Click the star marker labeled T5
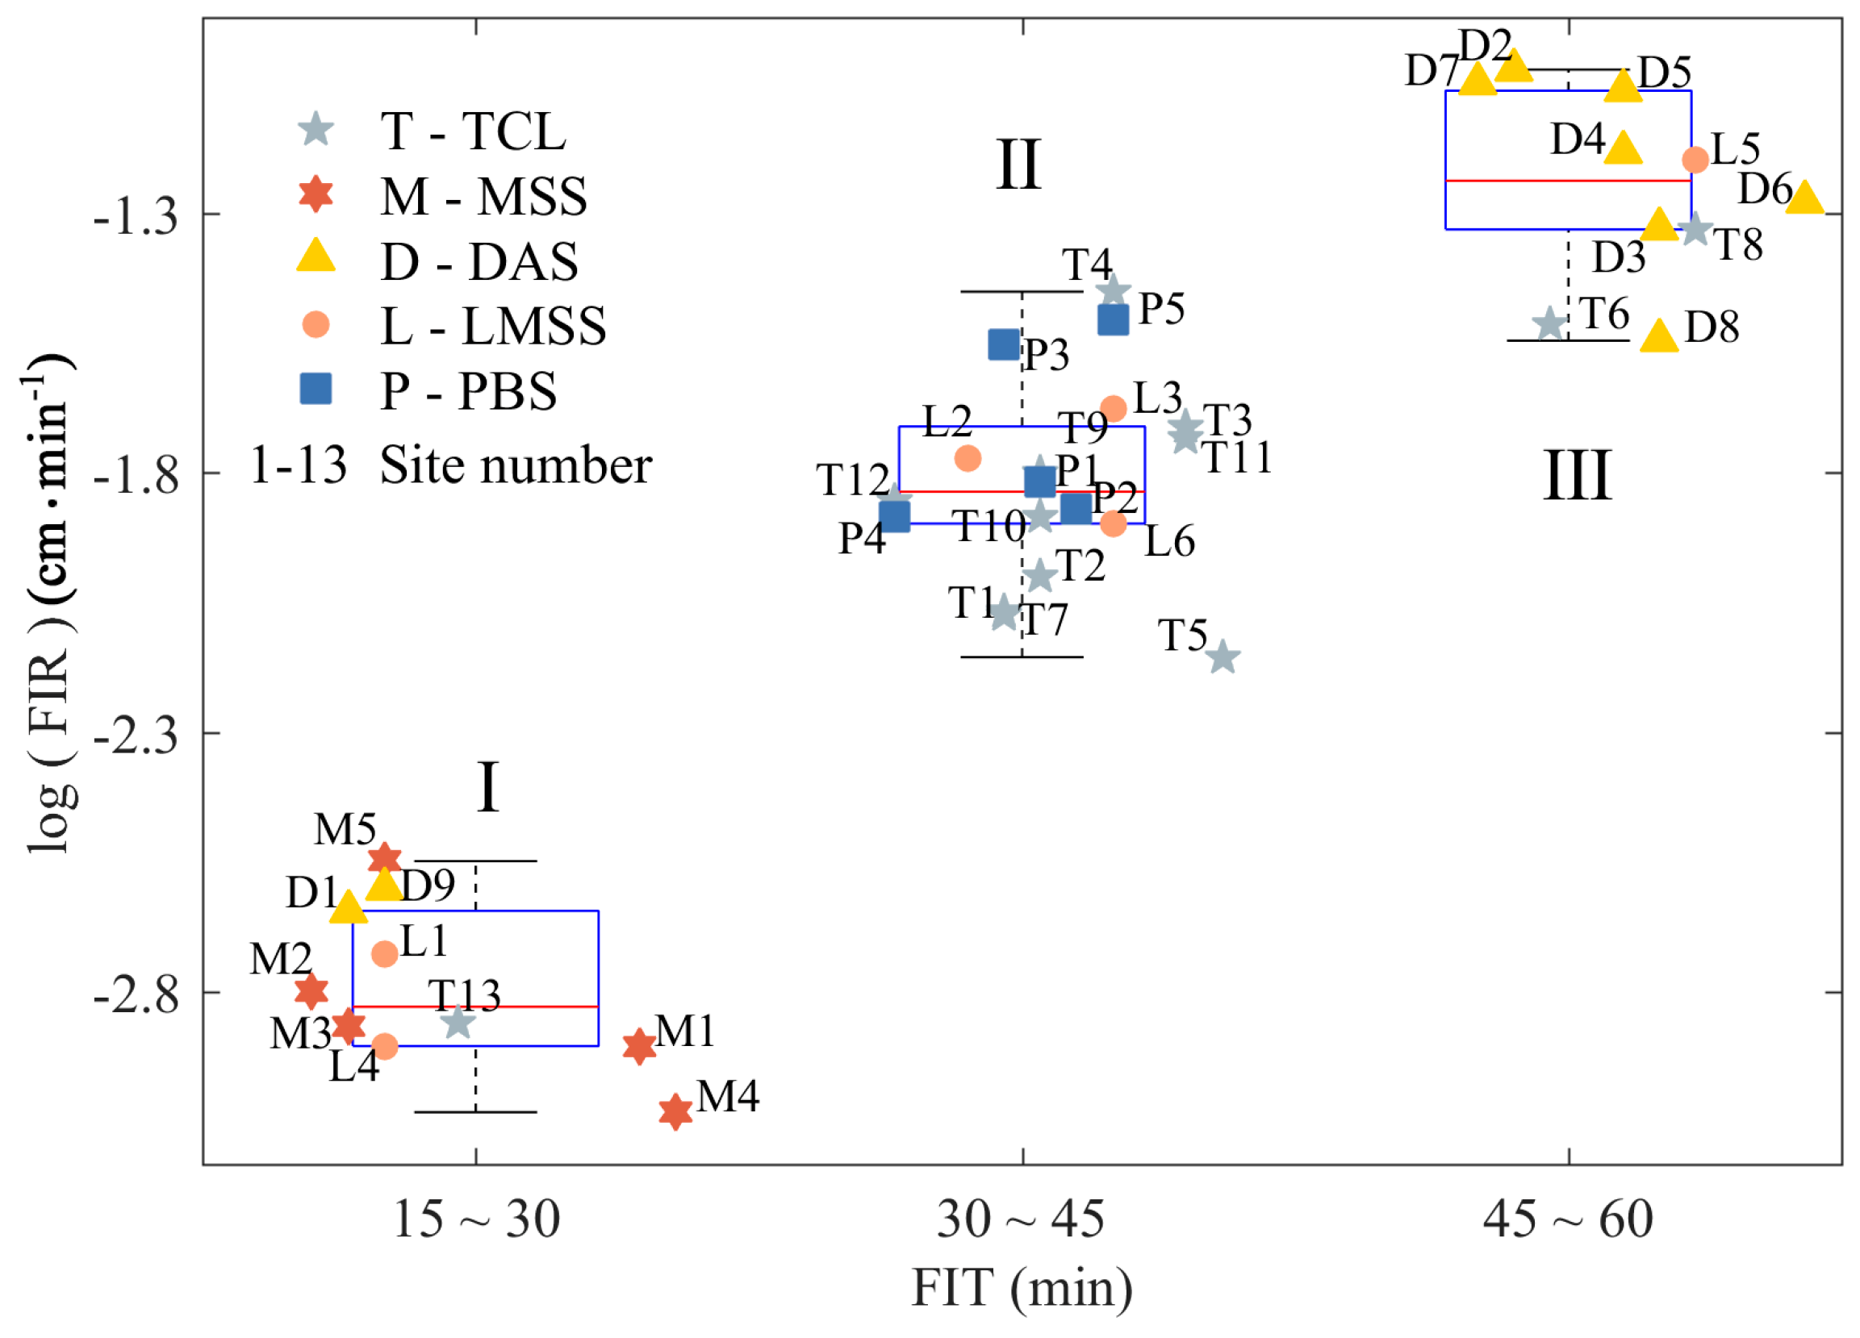[1223, 656]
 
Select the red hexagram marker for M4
[675, 1111]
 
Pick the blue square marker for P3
[1004, 344]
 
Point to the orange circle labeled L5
[1695, 159]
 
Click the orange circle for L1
[385, 953]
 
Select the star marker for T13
[458, 1022]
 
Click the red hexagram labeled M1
[639, 1046]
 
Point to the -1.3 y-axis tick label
[136, 217]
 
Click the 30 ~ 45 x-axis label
[1021, 1219]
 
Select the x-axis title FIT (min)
[1022, 1288]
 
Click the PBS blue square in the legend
[316, 390]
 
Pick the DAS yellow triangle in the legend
[316, 256]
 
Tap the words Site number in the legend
[516, 465]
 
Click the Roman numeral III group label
[1577, 476]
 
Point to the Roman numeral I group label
[488, 787]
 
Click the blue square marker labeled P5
[1113, 319]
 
